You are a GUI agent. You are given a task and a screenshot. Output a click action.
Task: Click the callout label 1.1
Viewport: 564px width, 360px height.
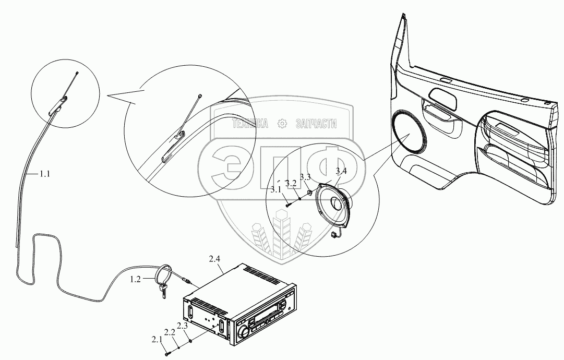pos(44,174)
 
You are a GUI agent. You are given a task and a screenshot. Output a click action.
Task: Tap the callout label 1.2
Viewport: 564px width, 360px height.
pos(135,279)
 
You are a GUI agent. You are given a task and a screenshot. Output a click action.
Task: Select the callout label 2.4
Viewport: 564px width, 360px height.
pos(214,259)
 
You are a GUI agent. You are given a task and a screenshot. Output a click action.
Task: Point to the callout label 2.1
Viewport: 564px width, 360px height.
pos(157,339)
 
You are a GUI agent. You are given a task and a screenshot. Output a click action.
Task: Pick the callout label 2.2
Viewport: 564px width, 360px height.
pos(170,332)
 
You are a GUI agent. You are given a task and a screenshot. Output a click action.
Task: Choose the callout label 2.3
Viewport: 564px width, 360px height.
pos(183,326)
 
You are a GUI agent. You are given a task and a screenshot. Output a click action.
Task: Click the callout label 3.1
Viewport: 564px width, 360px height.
pos(276,189)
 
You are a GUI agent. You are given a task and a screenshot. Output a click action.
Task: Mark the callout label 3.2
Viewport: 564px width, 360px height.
pos(291,183)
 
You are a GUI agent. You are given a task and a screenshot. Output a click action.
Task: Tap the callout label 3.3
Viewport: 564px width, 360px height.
pos(305,176)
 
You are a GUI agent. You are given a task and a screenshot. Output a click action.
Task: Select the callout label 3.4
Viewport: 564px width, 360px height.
pos(341,171)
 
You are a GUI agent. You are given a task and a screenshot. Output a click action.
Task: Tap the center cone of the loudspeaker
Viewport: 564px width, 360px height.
pos(337,202)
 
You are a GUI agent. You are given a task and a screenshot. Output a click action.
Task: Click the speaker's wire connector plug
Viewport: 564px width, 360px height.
pos(334,235)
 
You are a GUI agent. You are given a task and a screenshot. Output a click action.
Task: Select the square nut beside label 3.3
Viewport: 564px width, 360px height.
pos(309,193)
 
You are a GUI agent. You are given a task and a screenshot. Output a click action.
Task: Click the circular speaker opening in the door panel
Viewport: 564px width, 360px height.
pos(410,133)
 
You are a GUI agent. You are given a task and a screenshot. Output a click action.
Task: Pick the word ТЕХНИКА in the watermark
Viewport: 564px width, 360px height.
pos(250,124)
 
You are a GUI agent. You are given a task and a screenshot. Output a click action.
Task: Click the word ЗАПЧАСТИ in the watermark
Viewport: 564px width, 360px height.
pos(316,124)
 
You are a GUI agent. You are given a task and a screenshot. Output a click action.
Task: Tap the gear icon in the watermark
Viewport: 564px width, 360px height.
pos(282,124)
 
